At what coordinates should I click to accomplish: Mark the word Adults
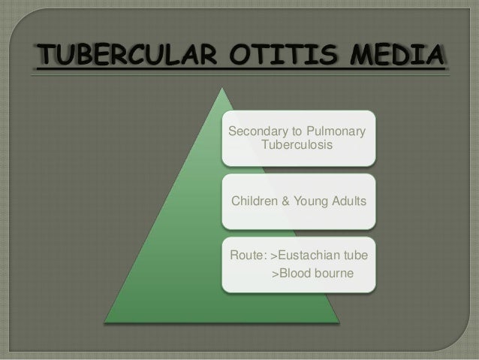pos(349,201)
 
